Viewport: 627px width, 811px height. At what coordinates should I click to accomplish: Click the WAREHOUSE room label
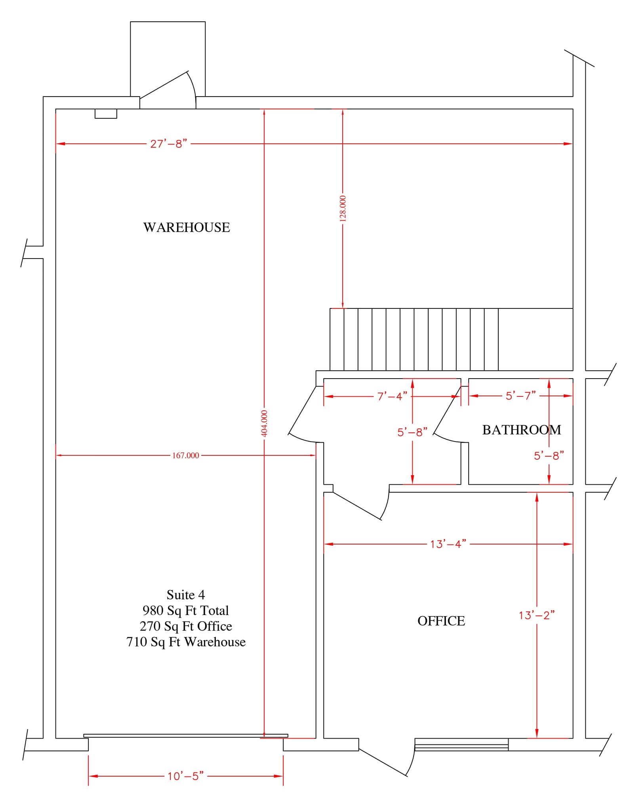point(187,227)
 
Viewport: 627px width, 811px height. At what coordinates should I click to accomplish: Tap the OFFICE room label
point(441,621)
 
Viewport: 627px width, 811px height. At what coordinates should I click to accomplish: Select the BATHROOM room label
point(521,430)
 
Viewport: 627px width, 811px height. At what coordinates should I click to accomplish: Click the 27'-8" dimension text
point(168,144)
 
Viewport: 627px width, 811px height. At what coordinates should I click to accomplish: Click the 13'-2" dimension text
point(537,615)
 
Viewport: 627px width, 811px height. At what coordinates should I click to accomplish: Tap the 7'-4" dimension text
point(392,396)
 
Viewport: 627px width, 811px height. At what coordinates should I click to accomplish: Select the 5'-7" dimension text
point(520,396)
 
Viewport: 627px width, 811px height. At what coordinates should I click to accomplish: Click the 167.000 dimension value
point(185,455)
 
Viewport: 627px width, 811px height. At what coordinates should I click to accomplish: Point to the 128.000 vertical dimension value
point(343,208)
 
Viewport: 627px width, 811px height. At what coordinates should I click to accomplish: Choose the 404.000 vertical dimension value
point(265,423)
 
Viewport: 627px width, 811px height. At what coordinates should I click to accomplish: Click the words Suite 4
point(185,595)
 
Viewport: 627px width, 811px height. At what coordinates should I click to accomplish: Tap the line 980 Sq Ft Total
point(185,610)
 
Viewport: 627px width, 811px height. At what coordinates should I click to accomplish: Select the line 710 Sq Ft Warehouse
point(185,642)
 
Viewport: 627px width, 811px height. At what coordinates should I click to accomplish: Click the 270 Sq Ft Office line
point(185,626)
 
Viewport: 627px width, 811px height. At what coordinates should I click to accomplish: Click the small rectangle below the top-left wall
point(106,114)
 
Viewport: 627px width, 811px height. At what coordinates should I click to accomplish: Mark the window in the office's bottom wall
point(461,744)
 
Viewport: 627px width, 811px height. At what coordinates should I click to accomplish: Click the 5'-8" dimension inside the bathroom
point(549,456)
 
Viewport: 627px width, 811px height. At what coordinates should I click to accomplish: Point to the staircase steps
point(414,339)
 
